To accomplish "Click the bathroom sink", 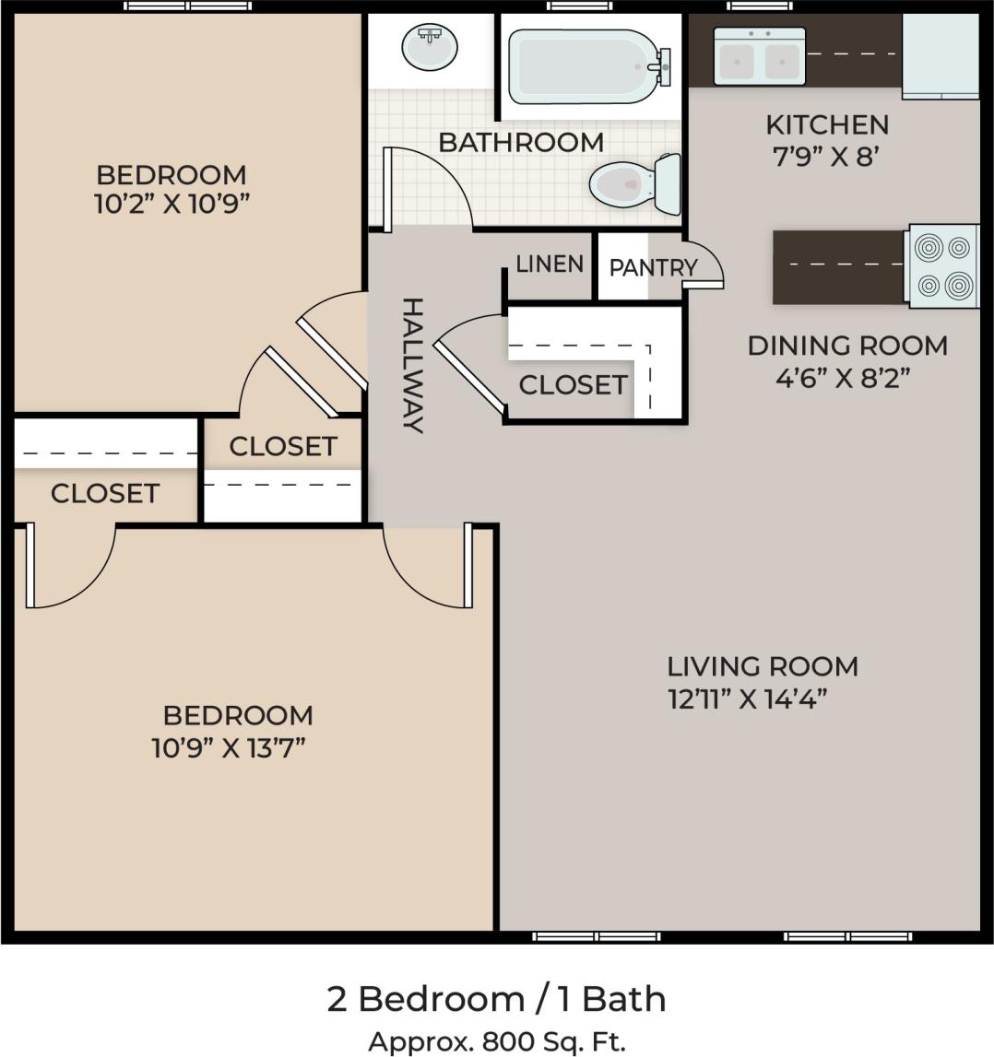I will click(429, 47).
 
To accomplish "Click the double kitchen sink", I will click(759, 57).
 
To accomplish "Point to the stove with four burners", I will click(942, 266).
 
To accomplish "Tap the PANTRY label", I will click(653, 267).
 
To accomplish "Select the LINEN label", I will click(550, 264).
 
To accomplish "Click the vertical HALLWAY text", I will click(412, 365).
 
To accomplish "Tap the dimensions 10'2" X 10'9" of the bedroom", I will click(172, 204).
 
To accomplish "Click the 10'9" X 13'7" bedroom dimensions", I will click(229, 747).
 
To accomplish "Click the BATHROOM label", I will click(521, 143).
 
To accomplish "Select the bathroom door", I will click(389, 189).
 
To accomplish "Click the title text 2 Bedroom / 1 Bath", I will click(496, 999).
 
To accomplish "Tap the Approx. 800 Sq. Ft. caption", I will click(496, 1041).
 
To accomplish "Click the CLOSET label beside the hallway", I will click(573, 384).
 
